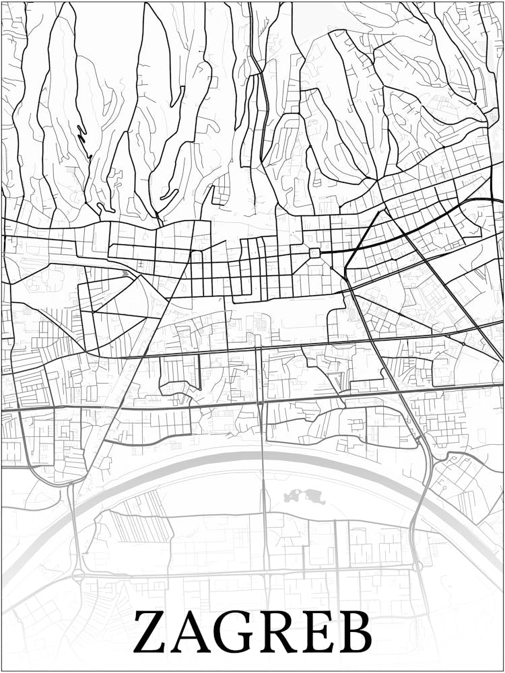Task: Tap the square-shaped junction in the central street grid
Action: point(314,252)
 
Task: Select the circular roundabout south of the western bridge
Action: point(79,576)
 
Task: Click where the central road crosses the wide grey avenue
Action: point(260,402)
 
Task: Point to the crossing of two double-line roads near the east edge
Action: point(464,344)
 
